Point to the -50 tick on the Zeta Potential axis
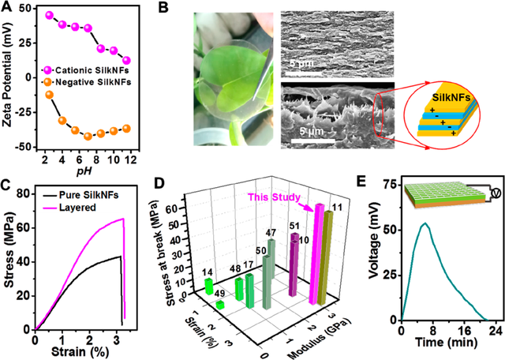point(28,147)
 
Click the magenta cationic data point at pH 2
point(49,15)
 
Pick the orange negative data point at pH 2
point(49,95)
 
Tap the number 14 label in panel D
point(208,270)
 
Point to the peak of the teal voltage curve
point(426,223)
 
